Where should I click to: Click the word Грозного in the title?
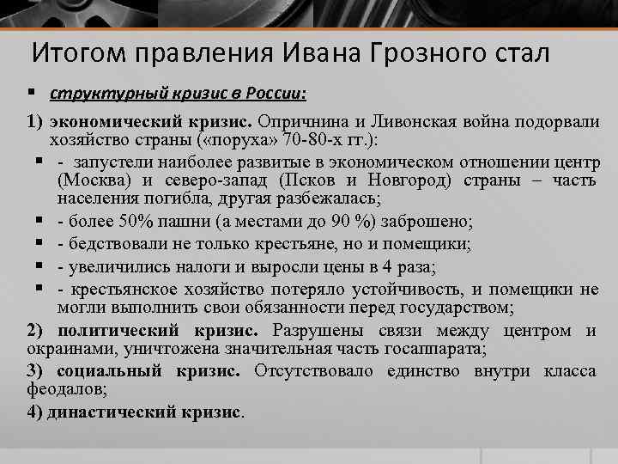(415, 54)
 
